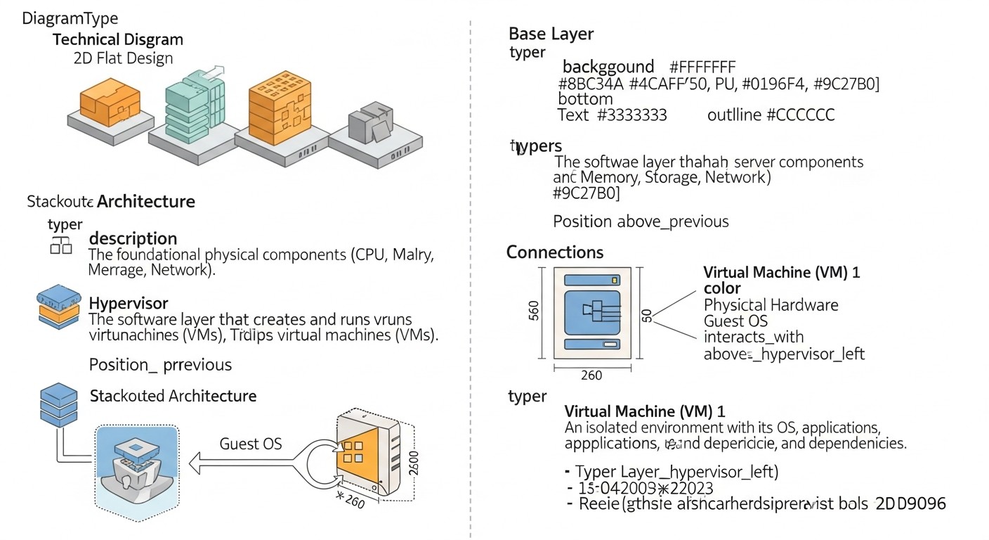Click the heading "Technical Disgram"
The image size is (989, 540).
coord(117,39)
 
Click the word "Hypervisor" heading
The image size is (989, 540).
coord(129,303)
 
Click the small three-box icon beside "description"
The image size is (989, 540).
coord(60,245)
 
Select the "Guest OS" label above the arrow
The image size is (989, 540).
coord(251,443)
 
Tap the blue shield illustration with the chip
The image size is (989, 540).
coord(136,465)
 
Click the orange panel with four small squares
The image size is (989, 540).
coord(358,454)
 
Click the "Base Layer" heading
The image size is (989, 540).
coord(551,34)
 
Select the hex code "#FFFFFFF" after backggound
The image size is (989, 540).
coord(702,67)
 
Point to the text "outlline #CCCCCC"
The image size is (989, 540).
coord(771,115)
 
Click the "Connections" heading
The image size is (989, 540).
coord(555,252)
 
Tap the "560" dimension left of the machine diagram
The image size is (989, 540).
coord(535,311)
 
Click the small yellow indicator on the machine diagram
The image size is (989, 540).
coord(615,280)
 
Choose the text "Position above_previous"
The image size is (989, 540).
coord(641,221)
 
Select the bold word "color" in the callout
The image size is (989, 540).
coord(722,288)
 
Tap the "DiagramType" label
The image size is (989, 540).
coord(70,18)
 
